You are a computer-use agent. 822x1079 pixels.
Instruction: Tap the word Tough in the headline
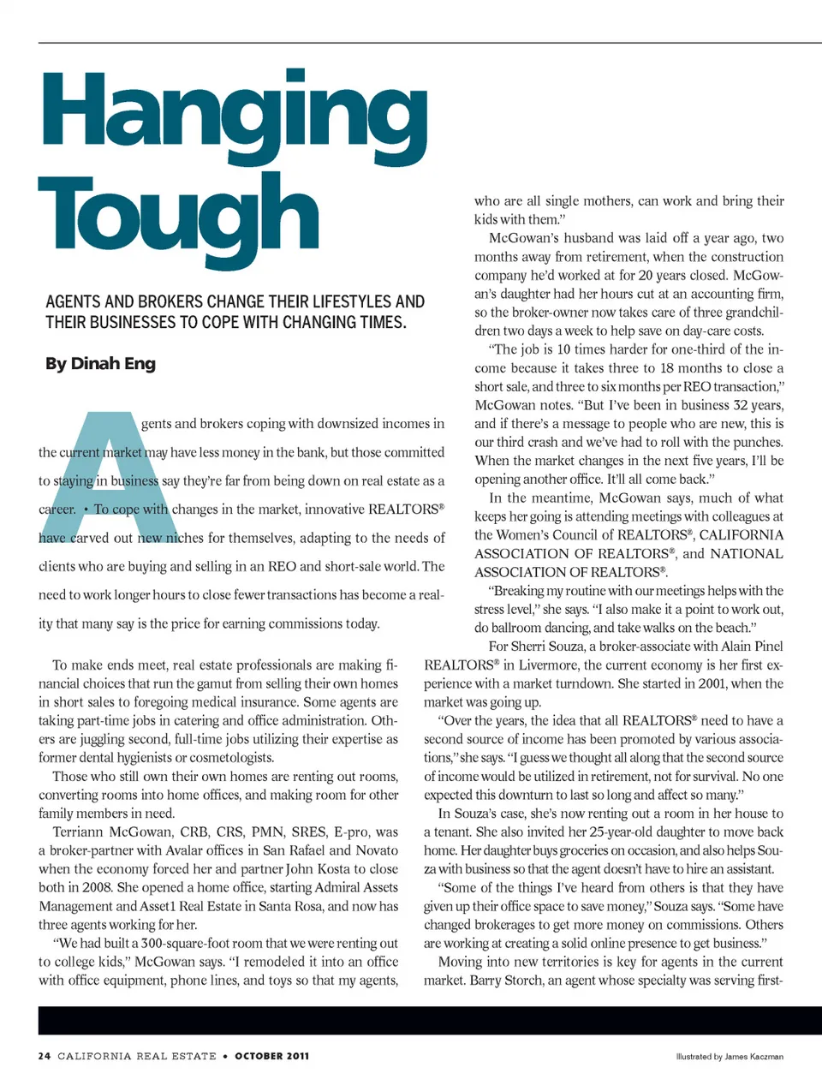(178, 214)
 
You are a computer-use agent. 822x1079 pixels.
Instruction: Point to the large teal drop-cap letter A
(108, 467)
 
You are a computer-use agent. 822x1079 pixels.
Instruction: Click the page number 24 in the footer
(45, 1056)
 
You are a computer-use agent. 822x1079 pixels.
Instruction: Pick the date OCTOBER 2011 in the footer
(272, 1056)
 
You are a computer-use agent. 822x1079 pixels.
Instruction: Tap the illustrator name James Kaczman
(753, 1057)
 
